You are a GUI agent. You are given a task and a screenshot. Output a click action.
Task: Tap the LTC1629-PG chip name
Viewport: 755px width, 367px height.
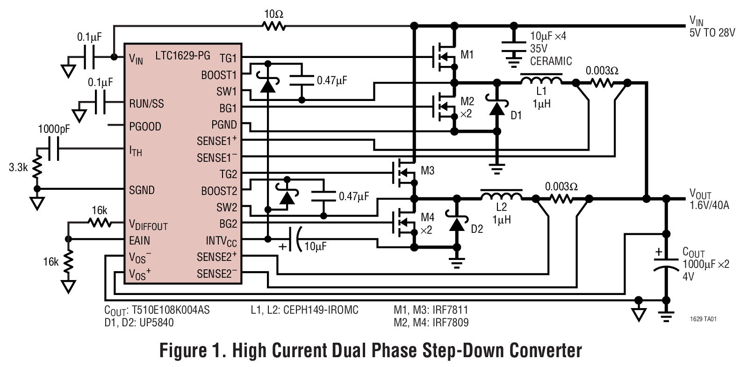[183, 55]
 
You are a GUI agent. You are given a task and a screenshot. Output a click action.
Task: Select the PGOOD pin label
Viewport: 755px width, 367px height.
[145, 126]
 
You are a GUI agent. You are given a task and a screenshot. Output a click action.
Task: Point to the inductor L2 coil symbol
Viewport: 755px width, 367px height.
[501, 194]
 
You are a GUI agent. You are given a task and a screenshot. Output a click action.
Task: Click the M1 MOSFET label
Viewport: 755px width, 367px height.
[467, 55]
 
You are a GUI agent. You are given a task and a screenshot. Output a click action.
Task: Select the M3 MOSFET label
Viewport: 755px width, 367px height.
[427, 171]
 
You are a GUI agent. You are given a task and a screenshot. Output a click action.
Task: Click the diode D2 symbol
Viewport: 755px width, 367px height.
[456, 223]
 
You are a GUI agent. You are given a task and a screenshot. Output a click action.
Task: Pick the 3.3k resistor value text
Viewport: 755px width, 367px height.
[18, 167]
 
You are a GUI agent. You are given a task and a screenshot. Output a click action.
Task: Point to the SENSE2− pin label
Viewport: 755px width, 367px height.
[216, 273]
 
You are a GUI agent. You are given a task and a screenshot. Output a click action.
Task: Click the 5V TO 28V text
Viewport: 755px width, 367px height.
[712, 33]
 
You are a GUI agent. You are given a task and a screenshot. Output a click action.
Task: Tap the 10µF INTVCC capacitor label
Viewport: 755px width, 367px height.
[315, 246]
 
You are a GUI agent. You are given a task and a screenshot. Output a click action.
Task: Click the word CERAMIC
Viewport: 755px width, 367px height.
[551, 61]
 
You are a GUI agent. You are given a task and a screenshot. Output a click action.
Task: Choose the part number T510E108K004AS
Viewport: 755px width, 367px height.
[171, 310]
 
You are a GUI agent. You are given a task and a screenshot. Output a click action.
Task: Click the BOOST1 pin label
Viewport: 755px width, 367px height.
[219, 75]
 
